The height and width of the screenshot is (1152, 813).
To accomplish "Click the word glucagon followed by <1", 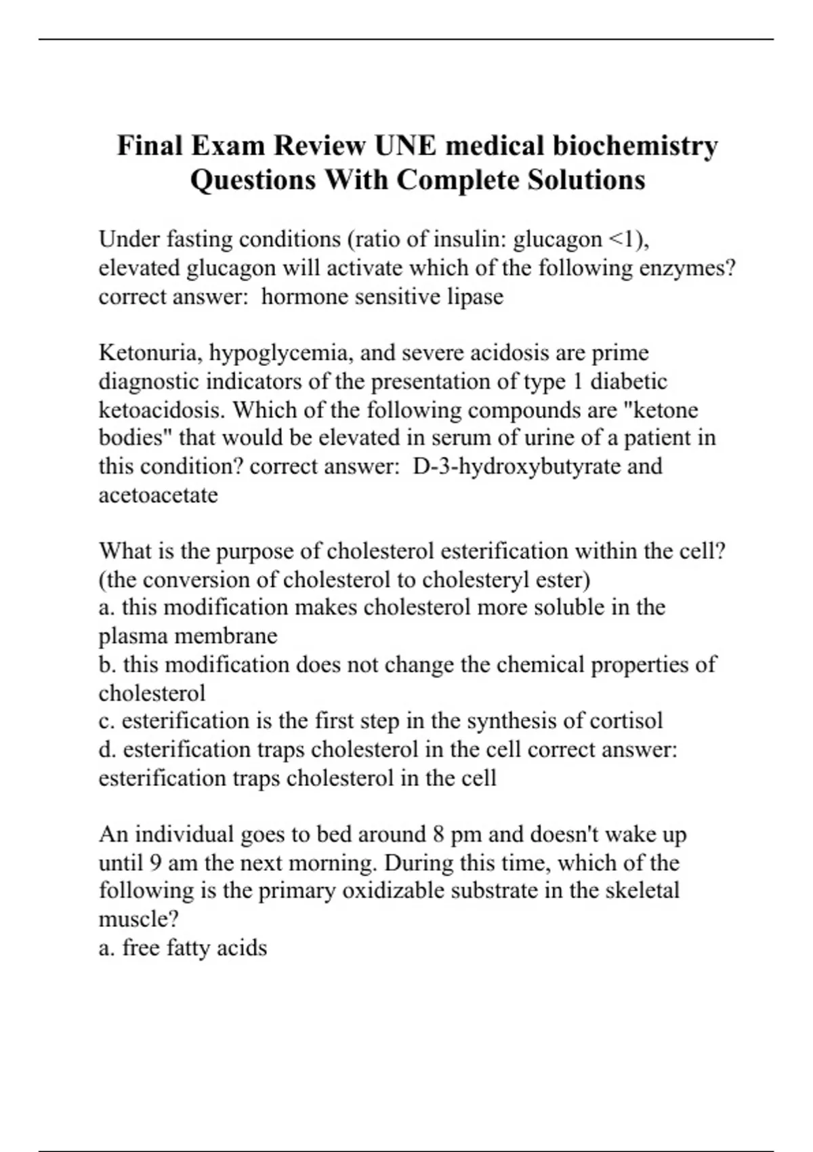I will (558, 239).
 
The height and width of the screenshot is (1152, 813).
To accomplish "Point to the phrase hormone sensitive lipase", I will (382, 297).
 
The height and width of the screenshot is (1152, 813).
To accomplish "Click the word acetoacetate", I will (158, 495).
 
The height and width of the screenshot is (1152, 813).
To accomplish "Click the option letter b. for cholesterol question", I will (108, 664).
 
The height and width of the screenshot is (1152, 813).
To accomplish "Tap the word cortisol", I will (626, 720).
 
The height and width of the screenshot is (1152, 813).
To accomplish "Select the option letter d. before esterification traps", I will (108, 749).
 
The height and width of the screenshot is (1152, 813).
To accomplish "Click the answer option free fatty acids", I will (194, 947).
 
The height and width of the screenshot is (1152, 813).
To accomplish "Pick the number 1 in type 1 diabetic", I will (577, 382).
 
